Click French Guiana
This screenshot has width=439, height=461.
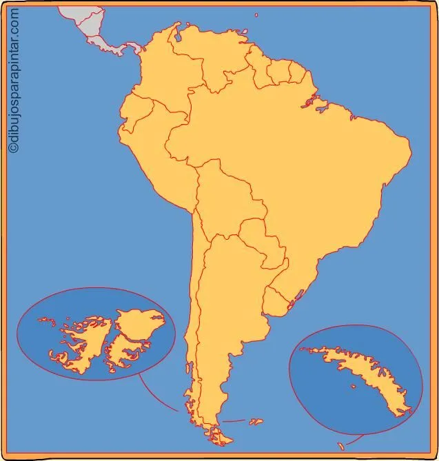tap(297, 72)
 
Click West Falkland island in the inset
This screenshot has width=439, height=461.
tap(83, 345)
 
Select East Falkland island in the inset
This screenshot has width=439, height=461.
tap(138, 331)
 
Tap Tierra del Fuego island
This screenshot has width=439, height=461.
tap(221, 431)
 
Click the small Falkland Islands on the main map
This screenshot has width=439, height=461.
tap(256, 420)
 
